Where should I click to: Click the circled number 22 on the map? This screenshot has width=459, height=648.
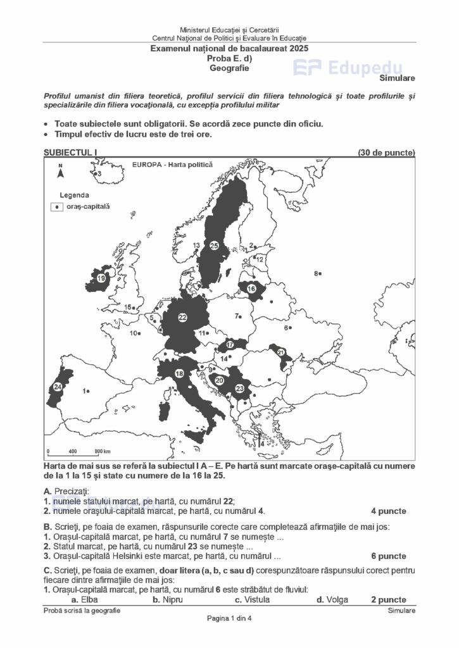[x=182, y=317]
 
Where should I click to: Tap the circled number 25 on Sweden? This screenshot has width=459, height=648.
[x=214, y=245]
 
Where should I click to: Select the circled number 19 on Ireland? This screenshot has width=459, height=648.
[x=101, y=278]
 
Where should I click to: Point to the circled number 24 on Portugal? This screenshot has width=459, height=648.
[x=58, y=387]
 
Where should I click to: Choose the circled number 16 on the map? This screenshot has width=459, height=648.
[x=251, y=289]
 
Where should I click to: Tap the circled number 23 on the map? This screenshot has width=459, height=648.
[x=239, y=388]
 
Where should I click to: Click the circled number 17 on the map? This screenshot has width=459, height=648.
[x=230, y=345]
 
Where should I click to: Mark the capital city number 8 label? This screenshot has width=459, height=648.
[x=316, y=273]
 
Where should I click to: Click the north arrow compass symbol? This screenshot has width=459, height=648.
[x=61, y=171]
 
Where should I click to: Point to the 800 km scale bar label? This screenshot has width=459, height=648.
[x=103, y=451]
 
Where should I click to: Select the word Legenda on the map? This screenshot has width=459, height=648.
[x=74, y=195]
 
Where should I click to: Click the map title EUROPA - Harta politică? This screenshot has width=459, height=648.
[x=172, y=165]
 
